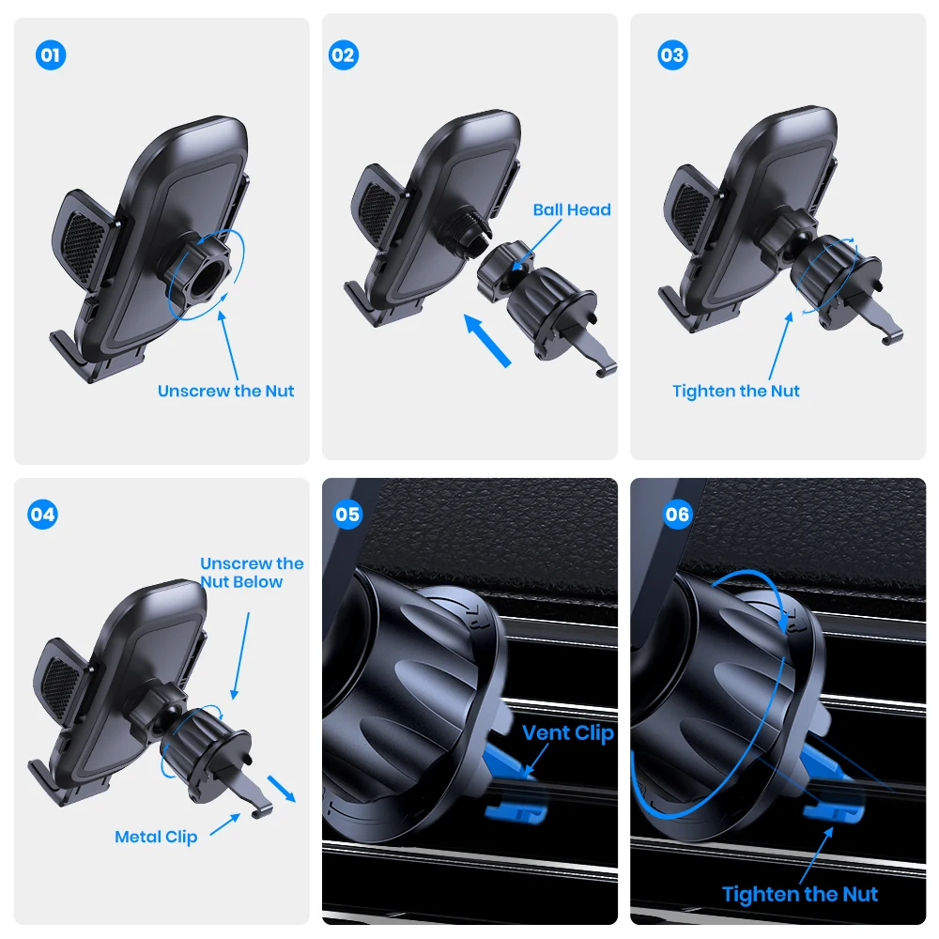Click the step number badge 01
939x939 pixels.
[51, 55]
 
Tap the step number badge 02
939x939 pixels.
[344, 55]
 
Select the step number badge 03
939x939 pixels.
[671, 55]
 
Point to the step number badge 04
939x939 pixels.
[43, 515]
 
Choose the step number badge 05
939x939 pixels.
[347, 515]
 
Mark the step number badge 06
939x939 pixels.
[676, 515]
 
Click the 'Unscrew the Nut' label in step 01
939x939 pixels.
[225, 391]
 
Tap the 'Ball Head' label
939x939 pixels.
[571, 209]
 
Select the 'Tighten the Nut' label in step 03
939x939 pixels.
[736, 391]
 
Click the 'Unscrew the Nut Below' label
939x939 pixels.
[252, 572]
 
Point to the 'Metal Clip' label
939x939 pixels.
[156, 836]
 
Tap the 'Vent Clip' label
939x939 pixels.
[567, 732]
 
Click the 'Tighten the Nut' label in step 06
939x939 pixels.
[800, 894]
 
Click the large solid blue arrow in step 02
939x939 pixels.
[488, 341]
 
